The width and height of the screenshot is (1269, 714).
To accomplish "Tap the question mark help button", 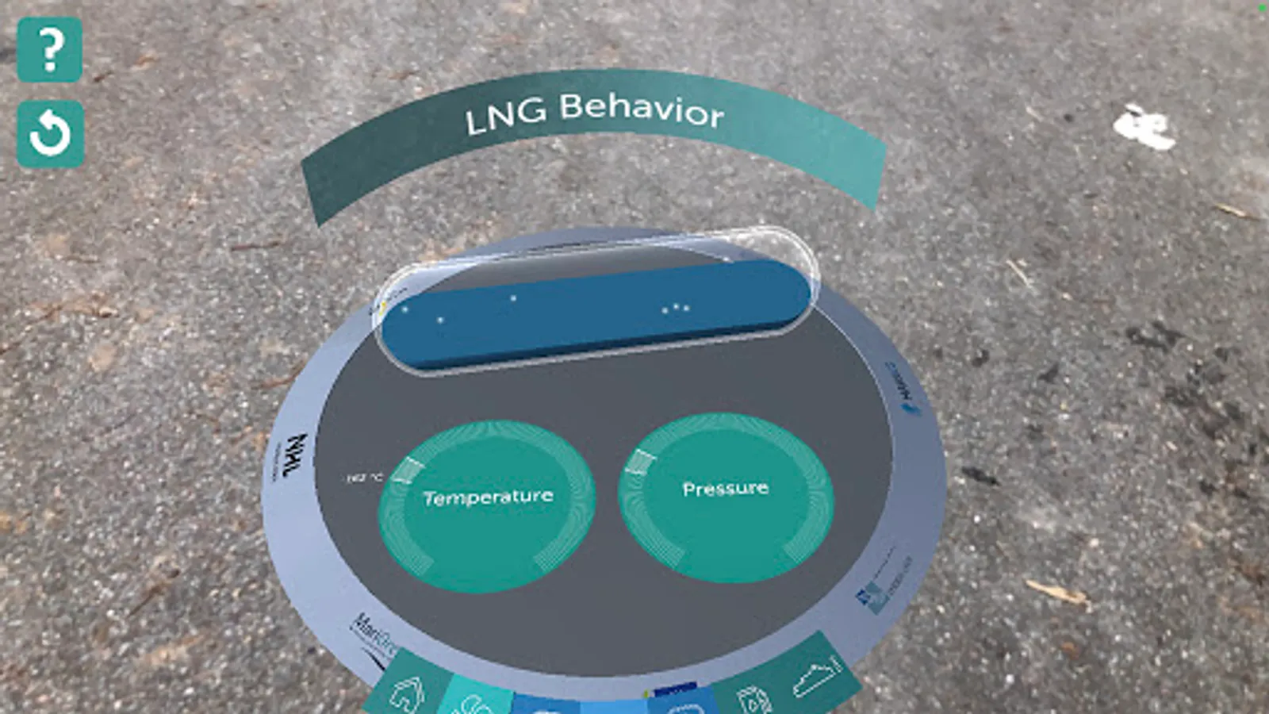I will [50, 49].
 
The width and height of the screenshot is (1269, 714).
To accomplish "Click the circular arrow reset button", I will [50, 133].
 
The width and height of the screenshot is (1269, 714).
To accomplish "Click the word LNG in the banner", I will [505, 116].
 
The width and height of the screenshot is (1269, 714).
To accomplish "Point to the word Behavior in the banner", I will [641, 109].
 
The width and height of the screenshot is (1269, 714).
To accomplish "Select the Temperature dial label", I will [488, 497].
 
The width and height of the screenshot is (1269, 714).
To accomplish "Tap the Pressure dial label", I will [725, 489].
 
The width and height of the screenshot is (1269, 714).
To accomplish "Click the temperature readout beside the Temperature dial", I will [365, 478].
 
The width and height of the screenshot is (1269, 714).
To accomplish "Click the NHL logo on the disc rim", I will [295, 456].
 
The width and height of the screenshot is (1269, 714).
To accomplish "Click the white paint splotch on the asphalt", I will [1144, 127].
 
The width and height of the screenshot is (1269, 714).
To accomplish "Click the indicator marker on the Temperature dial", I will [408, 469].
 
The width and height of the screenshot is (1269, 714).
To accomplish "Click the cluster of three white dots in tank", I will [675, 308].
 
